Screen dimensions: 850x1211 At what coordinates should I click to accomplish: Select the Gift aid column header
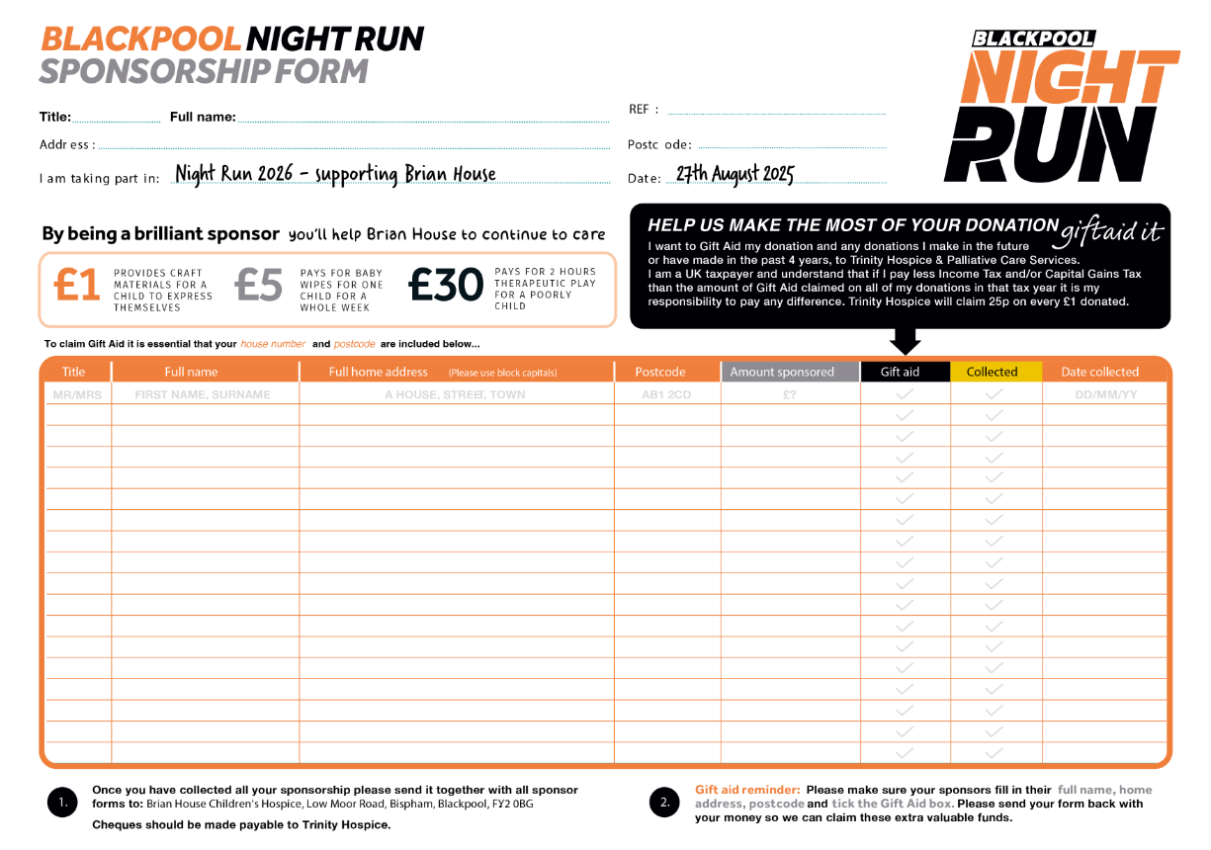coord(900,372)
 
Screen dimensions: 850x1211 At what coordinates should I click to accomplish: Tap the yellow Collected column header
coord(992,372)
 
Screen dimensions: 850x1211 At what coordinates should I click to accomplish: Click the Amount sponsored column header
coord(782,372)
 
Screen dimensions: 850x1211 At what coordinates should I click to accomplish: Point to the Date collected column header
coord(1099,372)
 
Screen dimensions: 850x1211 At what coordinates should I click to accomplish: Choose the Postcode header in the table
coord(659,372)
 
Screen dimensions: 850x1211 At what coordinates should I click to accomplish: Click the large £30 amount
coord(446,286)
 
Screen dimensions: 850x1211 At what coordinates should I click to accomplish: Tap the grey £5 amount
coord(259,286)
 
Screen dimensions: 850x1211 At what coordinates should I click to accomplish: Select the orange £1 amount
coord(77,286)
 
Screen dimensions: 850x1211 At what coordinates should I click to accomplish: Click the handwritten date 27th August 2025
coord(735,175)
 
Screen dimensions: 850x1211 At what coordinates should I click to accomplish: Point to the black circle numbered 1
coord(62,803)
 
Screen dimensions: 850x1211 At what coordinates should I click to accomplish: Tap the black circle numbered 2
coord(664,803)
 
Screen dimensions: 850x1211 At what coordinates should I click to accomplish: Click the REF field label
coord(644,110)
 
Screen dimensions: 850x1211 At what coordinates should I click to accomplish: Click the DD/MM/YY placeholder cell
coord(1104,394)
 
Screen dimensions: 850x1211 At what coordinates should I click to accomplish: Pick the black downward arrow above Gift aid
coord(906,341)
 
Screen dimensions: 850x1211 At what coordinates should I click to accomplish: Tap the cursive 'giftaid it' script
coord(1110,233)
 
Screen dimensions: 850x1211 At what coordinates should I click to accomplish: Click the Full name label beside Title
coord(203,117)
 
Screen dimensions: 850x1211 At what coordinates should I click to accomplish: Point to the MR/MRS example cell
coord(75,394)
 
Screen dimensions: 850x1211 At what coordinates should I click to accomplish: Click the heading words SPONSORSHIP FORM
coord(204,71)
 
